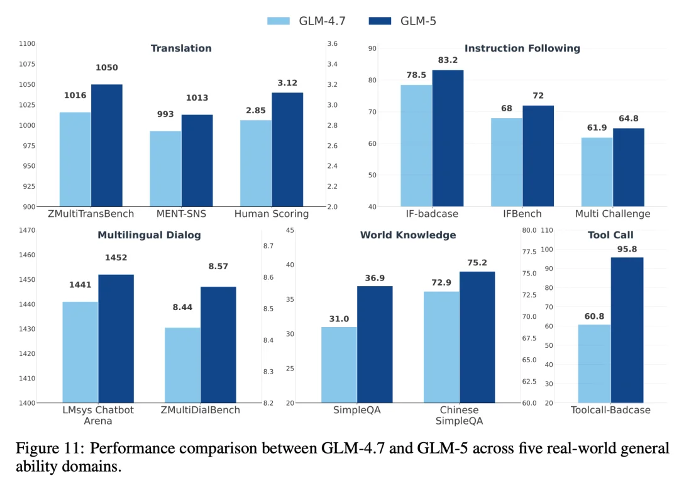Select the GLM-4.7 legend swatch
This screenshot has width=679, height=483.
point(279,21)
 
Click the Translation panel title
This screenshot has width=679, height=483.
point(181,48)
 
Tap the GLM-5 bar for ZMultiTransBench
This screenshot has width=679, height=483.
point(107,145)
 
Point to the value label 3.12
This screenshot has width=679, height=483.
point(287,83)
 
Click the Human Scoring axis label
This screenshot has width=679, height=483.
point(272,214)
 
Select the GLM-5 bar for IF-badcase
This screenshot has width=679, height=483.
point(448,138)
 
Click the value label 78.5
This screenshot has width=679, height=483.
point(416,75)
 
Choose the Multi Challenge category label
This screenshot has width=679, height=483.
point(612,214)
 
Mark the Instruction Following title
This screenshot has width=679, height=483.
point(522,48)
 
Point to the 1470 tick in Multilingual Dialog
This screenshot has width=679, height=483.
point(27,231)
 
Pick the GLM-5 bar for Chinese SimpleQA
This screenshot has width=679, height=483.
point(477,337)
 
